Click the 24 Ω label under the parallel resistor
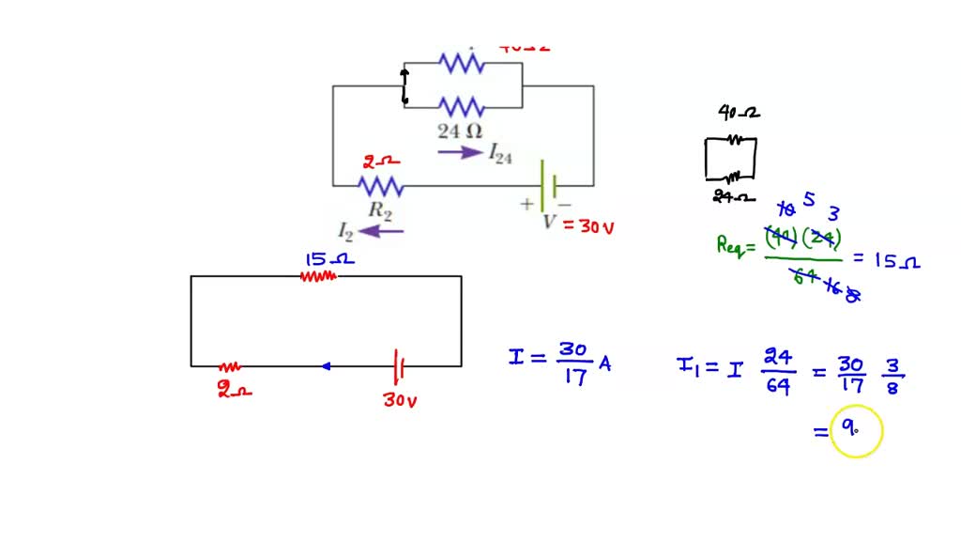pos(459,130)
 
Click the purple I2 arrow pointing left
pos(381,231)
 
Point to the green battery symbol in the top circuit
pos(549,185)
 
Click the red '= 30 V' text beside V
pos(588,226)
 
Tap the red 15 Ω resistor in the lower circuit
pos(317,276)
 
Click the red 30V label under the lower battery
pos(400,400)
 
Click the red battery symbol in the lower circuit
pos(400,365)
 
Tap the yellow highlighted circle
pos(856,431)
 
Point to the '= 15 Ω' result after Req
pos(887,261)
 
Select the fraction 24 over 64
pos(776,372)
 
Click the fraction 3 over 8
pos(892,373)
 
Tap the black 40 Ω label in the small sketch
pos(738,113)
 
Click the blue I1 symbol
pos(687,365)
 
